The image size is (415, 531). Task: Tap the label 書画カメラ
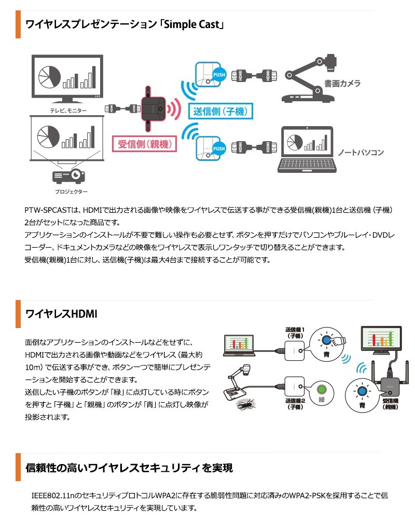coord(342,83)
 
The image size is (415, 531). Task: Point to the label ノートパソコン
coord(361,153)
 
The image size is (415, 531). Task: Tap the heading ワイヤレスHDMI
coord(61,314)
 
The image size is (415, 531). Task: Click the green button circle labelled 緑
coord(321,390)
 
